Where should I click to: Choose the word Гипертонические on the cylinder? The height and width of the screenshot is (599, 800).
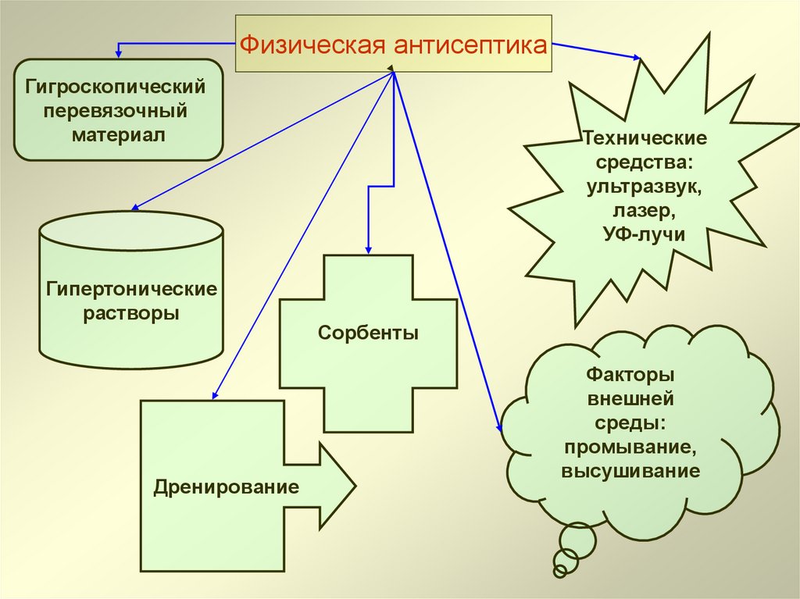[130, 290]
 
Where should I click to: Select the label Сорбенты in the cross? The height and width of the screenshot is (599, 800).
[368, 333]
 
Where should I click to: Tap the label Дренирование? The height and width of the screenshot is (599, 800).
[227, 489]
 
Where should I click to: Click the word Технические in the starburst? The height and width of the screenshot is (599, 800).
[645, 139]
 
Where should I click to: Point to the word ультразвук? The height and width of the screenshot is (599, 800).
[645, 187]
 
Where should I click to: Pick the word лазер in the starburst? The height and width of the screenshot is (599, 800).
[645, 210]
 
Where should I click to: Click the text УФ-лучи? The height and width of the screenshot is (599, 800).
[645, 234]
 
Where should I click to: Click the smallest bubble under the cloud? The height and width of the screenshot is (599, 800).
[559, 571]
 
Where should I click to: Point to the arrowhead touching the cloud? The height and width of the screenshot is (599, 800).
[498, 426]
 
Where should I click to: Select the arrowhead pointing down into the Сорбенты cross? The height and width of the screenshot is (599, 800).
[368, 248]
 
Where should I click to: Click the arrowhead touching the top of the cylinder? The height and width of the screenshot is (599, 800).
[136, 207]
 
